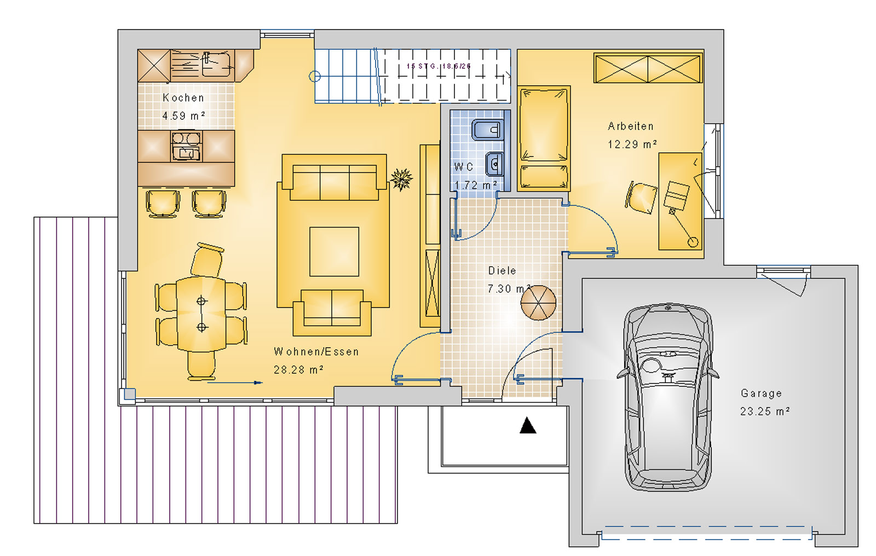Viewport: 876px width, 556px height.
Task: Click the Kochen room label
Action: tap(183, 98)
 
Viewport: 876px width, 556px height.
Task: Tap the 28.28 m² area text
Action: tap(298, 370)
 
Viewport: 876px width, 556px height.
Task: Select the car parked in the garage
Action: tap(668, 397)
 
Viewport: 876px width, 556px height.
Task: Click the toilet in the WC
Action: tap(487, 130)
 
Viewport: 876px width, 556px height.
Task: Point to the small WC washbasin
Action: tap(494, 163)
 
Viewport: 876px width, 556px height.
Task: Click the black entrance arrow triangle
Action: tap(528, 425)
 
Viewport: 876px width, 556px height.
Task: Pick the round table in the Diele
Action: tap(538, 303)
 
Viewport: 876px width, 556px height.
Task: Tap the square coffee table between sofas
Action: tap(334, 252)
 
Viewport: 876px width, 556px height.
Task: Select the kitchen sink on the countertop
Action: tap(216, 65)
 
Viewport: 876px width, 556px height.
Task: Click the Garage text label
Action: tap(761, 393)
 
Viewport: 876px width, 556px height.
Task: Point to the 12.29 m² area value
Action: tap(632, 144)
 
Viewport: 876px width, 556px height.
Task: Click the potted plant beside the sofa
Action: tap(401, 178)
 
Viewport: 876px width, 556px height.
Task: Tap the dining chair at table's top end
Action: tap(207, 260)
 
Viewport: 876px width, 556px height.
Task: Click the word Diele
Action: tap(502, 271)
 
